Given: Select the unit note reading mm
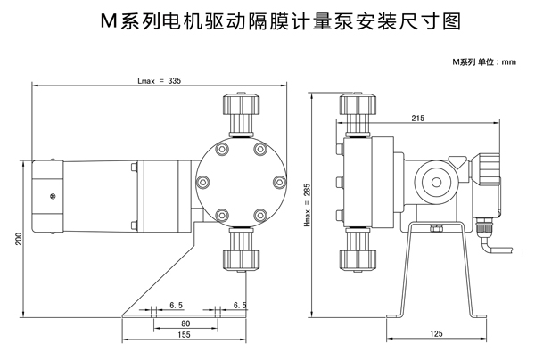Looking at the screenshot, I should (x=484, y=61).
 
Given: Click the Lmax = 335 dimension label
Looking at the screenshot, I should (x=159, y=80).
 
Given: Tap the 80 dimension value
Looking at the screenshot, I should (x=185, y=323).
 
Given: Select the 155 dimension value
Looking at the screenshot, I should (x=185, y=337).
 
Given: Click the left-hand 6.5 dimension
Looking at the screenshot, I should (x=177, y=305).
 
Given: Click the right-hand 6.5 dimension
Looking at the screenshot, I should (x=239, y=305).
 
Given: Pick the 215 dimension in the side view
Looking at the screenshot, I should (x=418, y=119).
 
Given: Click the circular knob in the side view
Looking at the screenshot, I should (x=438, y=177).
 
